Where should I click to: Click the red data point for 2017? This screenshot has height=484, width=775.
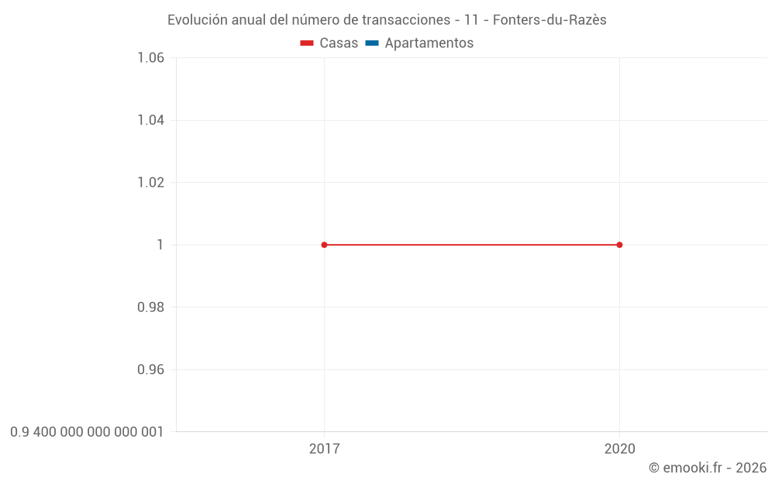pos(324,245)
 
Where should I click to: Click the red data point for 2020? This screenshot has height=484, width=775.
pos(619,245)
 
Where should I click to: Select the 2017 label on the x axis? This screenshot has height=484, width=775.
pos(324,449)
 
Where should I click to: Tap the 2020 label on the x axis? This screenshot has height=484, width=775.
pos(619,449)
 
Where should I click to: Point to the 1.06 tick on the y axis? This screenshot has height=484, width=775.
pos(150,58)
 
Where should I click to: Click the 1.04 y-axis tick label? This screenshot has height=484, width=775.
pos(150,120)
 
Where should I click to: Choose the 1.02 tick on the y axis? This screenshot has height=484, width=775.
pos(150,183)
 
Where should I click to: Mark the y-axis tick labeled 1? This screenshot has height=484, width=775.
pos(160,245)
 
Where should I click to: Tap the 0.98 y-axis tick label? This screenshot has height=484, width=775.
pos(150,307)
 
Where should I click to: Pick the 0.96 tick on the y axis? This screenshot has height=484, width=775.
pos(150,369)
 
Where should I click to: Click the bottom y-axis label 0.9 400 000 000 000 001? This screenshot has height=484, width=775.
pos(87,432)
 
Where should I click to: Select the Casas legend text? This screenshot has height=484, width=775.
pos(339,43)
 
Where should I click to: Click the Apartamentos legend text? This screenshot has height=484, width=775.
pos(429,43)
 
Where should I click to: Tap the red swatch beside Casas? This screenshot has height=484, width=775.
pos(307,43)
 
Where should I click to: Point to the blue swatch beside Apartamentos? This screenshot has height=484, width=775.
pos(371,43)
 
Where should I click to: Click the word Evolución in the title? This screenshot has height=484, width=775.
pos(198,20)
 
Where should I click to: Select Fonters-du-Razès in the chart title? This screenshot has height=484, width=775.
pos(549,20)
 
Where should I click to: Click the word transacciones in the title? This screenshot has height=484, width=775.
pos(406,20)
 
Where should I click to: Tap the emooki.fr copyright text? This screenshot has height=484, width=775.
pos(708,468)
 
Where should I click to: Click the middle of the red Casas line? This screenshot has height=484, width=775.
pos(471,245)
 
